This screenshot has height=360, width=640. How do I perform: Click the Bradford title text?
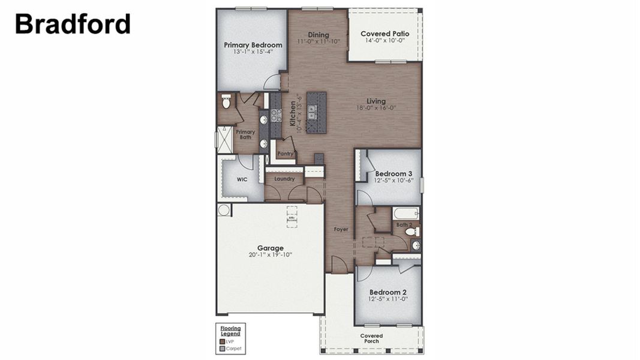[x=73, y=24]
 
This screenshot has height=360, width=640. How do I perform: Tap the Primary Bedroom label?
[x=253, y=45]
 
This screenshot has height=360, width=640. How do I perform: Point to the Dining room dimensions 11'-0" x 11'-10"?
[x=319, y=41]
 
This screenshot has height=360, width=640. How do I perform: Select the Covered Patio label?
[x=384, y=34]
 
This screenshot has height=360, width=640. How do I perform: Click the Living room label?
[x=377, y=101]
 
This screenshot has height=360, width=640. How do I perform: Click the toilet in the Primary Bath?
[x=226, y=102]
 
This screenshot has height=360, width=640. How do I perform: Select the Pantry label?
[x=285, y=154]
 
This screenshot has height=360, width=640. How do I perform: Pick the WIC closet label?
[x=242, y=179]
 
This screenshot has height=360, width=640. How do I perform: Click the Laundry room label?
[x=284, y=179]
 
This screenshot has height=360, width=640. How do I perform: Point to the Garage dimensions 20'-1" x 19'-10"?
[x=270, y=255]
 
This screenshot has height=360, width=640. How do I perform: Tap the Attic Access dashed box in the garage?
[x=292, y=215]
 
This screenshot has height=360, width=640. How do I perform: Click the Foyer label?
[x=341, y=229]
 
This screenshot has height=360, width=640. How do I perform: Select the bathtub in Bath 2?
[x=405, y=213]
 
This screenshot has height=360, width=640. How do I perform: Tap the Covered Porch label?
[x=371, y=338]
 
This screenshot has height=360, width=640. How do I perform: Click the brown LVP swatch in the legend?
[x=223, y=341]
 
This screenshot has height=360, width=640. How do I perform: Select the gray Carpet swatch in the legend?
[x=223, y=348]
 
